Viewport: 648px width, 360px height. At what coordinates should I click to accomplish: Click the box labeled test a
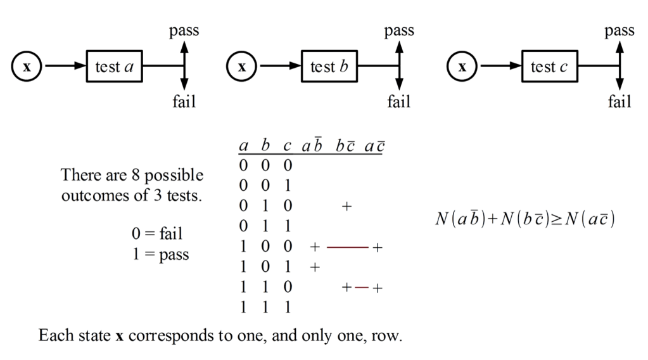point(114,67)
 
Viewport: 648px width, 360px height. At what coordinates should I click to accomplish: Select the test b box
point(329,67)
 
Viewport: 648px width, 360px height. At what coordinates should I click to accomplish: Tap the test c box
point(549,67)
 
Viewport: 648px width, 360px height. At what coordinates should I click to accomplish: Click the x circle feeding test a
point(27,67)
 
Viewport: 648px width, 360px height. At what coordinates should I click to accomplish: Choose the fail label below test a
point(184,101)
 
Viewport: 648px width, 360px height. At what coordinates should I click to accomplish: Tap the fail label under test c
point(619,101)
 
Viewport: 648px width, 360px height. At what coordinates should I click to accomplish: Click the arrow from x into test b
point(278,67)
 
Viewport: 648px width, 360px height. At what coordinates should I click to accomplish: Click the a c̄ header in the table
point(376,146)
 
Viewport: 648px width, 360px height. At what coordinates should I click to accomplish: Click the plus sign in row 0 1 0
point(346,207)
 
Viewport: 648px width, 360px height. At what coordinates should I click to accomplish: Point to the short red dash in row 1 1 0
point(362,287)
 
